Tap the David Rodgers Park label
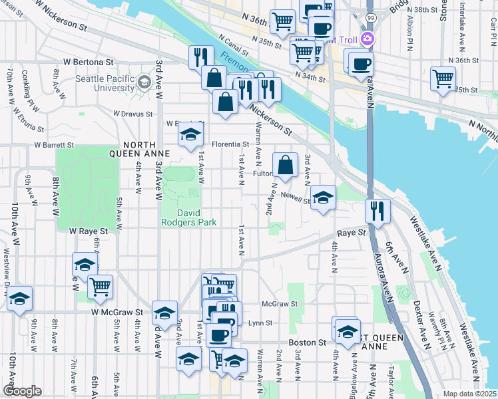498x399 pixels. point(188,219)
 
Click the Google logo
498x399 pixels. point(22,390)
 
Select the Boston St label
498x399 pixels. point(307,342)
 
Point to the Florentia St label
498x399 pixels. point(230,144)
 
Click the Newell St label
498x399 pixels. point(296,198)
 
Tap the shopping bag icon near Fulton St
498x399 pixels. point(285,166)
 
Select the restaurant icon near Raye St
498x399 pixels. point(377,210)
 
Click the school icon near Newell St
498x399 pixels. point(324,197)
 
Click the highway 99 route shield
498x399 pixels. point(370,17)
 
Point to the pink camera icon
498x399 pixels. point(366,39)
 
